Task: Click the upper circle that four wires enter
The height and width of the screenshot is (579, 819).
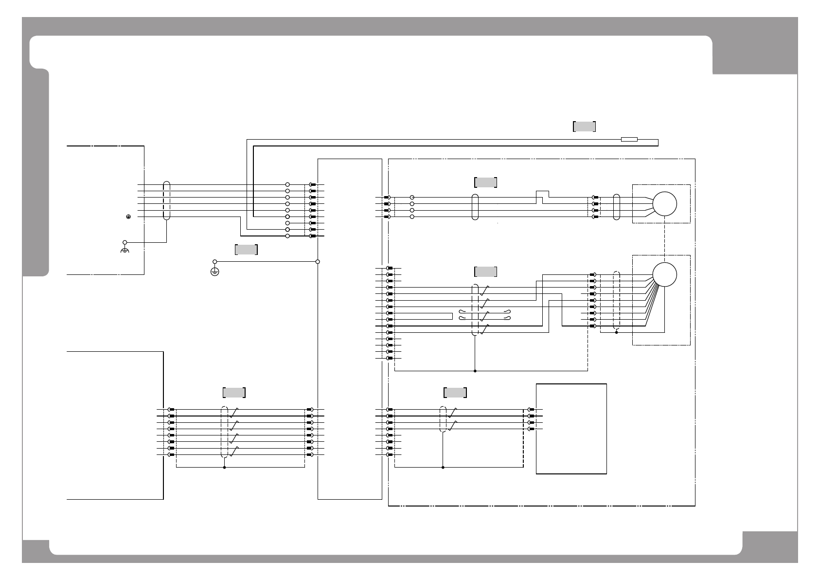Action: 664,204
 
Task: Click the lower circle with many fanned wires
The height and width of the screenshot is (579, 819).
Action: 664,274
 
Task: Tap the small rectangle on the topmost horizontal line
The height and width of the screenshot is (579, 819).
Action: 629,140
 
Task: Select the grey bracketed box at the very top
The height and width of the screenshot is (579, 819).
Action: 584,127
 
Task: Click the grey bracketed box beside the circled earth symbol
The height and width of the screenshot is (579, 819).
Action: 246,250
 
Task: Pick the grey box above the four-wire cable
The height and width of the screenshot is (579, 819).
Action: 485,182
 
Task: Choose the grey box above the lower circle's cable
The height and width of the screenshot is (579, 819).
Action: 485,271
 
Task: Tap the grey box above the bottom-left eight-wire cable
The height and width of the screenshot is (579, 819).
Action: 234,393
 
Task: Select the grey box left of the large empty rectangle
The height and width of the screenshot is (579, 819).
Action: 455,393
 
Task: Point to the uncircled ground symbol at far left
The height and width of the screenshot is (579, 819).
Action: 125,251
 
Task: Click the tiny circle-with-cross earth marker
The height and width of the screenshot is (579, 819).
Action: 128,217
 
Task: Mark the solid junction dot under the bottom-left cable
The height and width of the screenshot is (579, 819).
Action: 224,468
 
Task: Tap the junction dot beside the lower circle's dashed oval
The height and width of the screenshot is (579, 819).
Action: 616,333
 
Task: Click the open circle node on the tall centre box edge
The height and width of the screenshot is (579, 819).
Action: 318,262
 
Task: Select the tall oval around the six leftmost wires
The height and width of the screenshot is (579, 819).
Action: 166,200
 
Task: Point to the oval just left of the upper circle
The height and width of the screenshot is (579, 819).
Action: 617,207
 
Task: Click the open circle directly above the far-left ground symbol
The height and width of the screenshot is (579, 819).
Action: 125,242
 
